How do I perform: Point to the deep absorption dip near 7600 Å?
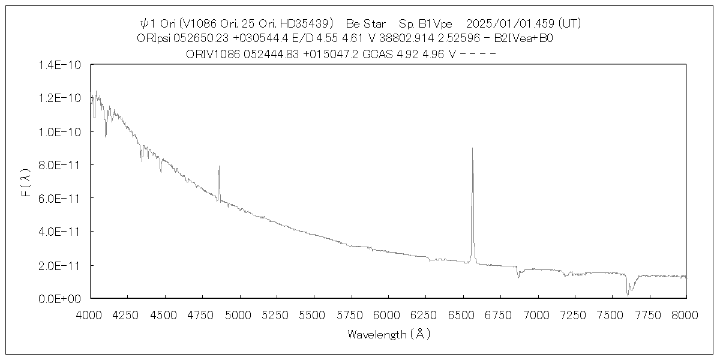[628, 294]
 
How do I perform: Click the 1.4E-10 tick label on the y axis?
[59, 65]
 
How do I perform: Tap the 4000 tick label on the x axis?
[91, 314]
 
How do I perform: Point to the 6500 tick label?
[463, 314]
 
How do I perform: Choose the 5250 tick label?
[277, 314]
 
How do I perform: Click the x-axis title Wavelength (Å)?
[389, 334]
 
